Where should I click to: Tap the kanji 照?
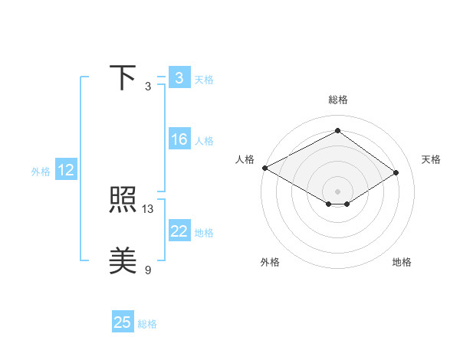123,201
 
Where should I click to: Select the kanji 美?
123,260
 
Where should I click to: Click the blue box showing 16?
179,139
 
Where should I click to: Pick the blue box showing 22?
179,231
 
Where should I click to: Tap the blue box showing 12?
66,170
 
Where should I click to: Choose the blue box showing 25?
123,322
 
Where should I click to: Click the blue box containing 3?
179,77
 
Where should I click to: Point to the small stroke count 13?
148,208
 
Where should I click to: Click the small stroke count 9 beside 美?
148,269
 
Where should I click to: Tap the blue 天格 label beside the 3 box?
204,79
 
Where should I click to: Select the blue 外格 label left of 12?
41,172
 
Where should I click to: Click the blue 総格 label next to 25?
147,324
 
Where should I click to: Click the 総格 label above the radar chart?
337,100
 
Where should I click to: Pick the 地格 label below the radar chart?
402,262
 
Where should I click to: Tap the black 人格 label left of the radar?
245,159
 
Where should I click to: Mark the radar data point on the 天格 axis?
396,174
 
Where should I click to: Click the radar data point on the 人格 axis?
264,168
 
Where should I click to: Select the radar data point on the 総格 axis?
337,131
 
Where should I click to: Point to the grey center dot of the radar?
337,190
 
